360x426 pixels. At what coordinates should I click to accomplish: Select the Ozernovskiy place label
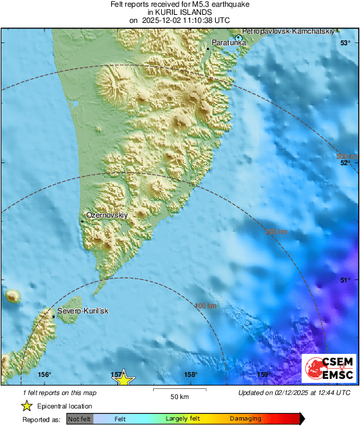pyautogui.click(x=106, y=215)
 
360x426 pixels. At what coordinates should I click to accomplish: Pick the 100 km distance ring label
pyautogui.click(x=206, y=306)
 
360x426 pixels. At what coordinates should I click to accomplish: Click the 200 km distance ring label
pyautogui.click(x=276, y=232)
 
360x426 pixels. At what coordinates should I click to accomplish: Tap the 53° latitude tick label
pyautogui.click(x=344, y=43)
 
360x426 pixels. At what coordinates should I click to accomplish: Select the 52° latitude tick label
pyautogui.click(x=344, y=162)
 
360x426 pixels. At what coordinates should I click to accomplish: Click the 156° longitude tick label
pyautogui.click(x=44, y=375)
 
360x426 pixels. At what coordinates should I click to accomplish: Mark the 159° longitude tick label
pyautogui.click(x=264, y=375)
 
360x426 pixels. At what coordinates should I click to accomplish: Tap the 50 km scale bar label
pyautogui.click(x=178, y=396)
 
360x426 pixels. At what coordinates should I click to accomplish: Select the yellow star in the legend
pyautogui.click(x=26, y=406)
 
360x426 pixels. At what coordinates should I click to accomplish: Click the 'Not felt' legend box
pyautogui.click(x=80, y=419)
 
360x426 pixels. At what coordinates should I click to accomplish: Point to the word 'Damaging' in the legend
pyautogui.click(x=245, y=419)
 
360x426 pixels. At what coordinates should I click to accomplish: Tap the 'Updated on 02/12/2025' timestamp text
pyautogui.click(x=294, y=392)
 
